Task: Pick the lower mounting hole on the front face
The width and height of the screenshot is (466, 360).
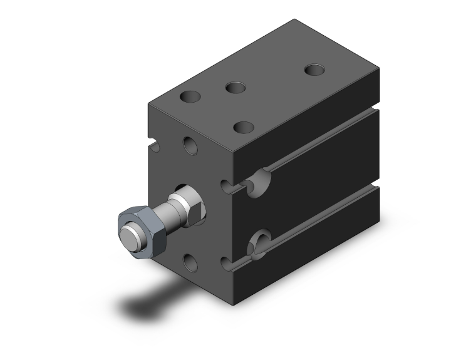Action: pos(190,262)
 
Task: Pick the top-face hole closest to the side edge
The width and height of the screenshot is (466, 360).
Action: pos(244,126)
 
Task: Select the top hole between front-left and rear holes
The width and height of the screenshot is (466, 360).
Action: pos(236,87)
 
